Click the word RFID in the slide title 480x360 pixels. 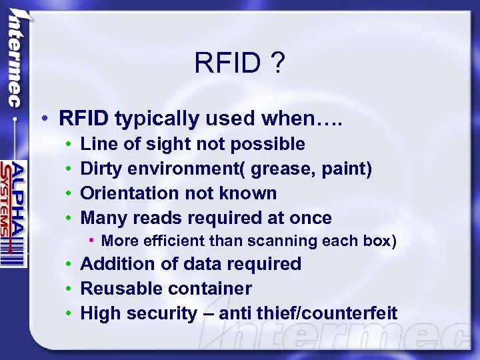tap(226, 64)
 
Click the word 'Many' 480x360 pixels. tap(104, 218)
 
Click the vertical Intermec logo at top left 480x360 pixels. tap(13, 60)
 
